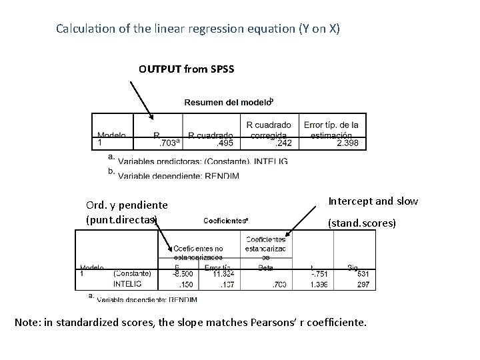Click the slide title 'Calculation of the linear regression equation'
(x=198, y=29)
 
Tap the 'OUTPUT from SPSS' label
(x=186, y=69)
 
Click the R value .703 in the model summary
(x=166, y=142)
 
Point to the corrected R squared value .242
(x=280, y=142)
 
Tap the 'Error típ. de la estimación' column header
(x=331, y=129)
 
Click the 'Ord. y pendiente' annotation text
(x=127, y=205)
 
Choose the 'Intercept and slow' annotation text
(x=374, y=201)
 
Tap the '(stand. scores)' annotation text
(x=361, y=224)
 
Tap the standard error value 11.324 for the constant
(x=225, y=273)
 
